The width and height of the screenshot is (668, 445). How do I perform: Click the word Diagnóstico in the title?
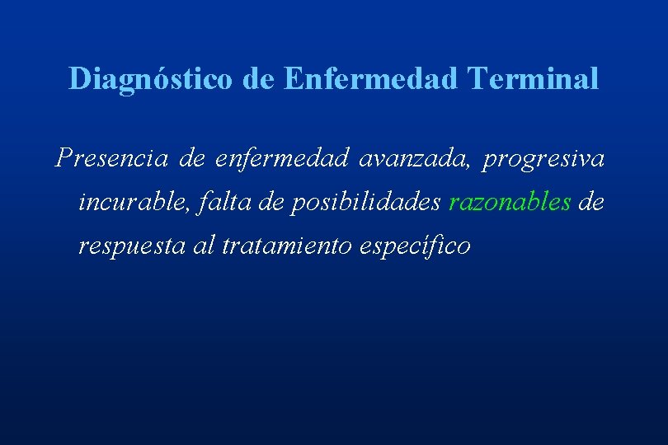pyautogui.click(x=153, y=79)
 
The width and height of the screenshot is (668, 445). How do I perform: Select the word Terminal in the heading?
pyautogui.click(x=533, y=79)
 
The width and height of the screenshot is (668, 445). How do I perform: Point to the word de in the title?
pyautogui.click(x=261, y=79)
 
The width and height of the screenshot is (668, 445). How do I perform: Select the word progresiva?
pyautogui.click(x=544, y=158)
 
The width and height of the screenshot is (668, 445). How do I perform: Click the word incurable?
pyautogui.click(x=137, y=203)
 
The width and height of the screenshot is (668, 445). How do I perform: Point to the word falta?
pyautogui.click(x=224, y=203)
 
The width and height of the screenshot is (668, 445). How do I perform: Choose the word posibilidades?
pyautogui.click(x=366, y=203)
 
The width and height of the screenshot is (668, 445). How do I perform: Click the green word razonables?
pyautogui.click(x=510, y=203)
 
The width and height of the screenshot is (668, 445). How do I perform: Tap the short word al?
pyautogui.click(x=204, y=246)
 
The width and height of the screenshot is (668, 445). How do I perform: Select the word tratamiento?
pyautogui.click(x=288, y=246)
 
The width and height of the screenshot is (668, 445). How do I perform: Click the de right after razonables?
pyautogui.click(x=591, y=203)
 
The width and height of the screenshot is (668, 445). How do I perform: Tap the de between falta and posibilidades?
pyautogui.click(x=271, y=203)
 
